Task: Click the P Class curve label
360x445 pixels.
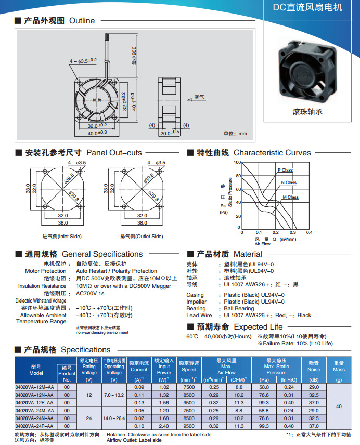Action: click(285, 170)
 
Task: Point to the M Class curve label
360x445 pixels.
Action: click(290, 197)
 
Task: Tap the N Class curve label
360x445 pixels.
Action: click(289, 182)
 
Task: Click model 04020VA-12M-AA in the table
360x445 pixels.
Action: click(35, 387)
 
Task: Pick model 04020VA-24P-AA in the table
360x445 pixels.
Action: click(35, 426)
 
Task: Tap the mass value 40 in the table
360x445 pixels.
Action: click(339, 406)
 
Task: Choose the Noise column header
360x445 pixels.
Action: click(314, 366)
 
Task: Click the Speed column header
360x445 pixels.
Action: click(189, 366)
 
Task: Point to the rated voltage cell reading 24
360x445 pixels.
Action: click(89, 418)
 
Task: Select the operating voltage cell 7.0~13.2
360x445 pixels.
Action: click(114, 395)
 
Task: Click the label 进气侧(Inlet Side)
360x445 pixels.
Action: click(62, 237)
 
